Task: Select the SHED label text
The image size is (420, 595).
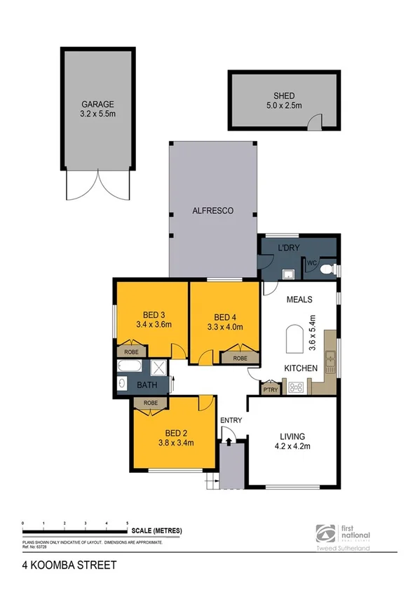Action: click(x=284, y=96)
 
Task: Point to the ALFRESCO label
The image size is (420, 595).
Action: click(x=212, y=210)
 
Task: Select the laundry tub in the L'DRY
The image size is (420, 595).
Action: click(x=287, y=274)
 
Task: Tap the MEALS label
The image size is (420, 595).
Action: click(x=299, y=300)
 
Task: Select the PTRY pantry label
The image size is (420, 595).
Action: click(x=270, y=387)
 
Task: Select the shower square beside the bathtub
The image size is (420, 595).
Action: click(x=160, y=366)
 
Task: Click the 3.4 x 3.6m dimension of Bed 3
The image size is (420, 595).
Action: click(x=154, y=324)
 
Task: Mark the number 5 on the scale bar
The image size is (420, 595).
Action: click(x=127, y=523)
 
